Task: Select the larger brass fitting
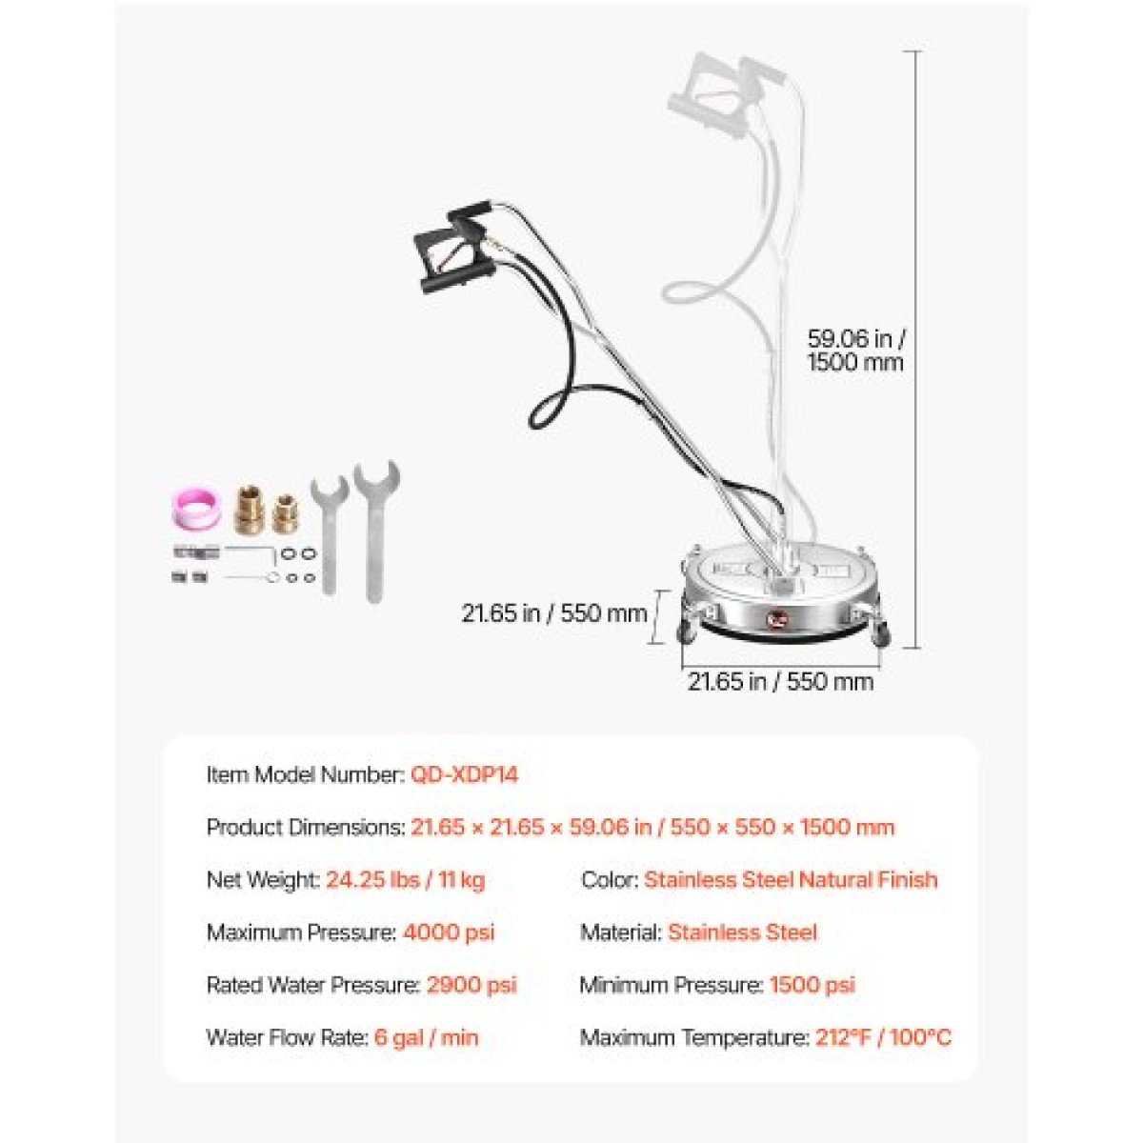(x=250, y=509)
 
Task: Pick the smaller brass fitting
(x=285, y=513)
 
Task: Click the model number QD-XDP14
(x=465, y=774)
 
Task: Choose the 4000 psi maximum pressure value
(x=449, y=932)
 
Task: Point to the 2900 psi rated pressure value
(x=472, y=985)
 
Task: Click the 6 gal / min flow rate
(x=427, y=1037)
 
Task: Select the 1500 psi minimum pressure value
(x=812, y=985)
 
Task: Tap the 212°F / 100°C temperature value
(x=883, y=1037)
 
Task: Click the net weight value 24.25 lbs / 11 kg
(x=406, y=880)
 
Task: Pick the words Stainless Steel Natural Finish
(x=791, y=880)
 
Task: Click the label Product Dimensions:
(x=306, y=827)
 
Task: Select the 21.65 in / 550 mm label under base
(x=780, y=682)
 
